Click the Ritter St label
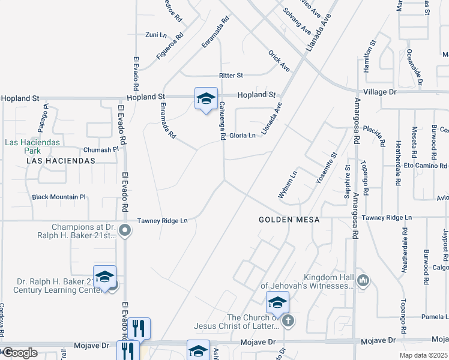click(231, 76)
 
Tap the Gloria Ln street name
click(243, 136)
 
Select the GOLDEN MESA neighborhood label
click(289, 220)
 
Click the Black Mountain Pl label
click(59, 197)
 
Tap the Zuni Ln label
click(155, 35)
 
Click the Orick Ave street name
click(279, 61)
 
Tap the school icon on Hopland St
click(206, 99)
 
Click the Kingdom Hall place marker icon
click(363, 280)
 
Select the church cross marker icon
click(289, 320)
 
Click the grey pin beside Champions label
click(125, 230)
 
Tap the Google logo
click(20, 352)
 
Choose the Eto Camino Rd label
click(425, 166)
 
